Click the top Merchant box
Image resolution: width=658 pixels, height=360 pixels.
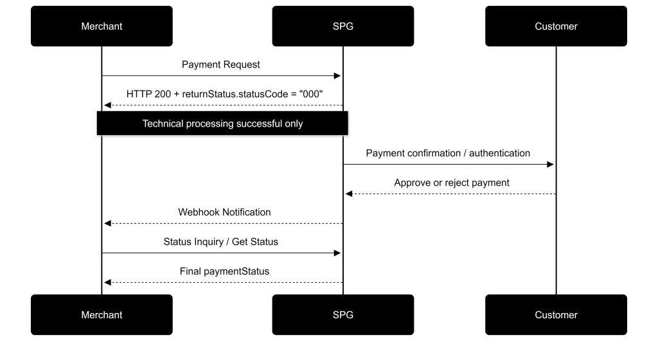[x=102, y=26]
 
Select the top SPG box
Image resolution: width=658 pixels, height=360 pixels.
[x=343, y=26]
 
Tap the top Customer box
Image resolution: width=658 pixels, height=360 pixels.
[x=556, y=26]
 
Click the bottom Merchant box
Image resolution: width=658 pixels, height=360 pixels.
[x=102, y=315]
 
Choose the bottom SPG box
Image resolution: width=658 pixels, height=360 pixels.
[x=343, y=315]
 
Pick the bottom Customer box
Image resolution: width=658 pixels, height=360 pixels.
[x=556, y=315]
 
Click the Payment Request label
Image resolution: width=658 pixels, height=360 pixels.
[x=221, y=65]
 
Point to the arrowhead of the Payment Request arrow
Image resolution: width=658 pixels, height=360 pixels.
[x=337, y=76]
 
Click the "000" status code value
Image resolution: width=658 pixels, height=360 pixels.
[x=311, y=94]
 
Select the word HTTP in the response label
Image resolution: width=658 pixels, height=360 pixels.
[x=137, y=94]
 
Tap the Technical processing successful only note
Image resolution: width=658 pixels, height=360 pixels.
[x=222, y=123]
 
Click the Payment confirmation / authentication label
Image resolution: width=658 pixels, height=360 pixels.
[x=448, y=153]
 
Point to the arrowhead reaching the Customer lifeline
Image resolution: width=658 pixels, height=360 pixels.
[x=551, y=165]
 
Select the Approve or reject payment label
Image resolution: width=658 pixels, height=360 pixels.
[x=452, y=183]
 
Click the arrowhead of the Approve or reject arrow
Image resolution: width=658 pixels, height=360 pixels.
[x=349, y=194]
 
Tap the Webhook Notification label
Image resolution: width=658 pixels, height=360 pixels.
[x=224, y=212]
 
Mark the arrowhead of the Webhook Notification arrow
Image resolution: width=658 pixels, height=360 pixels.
[x=107, y=224]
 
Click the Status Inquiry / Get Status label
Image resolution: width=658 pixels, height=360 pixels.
[x=221, y=242]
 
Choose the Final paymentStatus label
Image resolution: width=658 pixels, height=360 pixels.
[x=224, y=271]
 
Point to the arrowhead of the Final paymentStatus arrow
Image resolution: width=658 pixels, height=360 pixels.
[x=107, y=282]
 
